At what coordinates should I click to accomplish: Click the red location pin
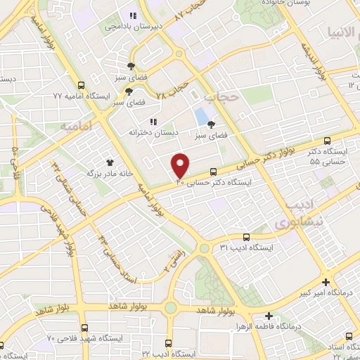(x=181, y=165)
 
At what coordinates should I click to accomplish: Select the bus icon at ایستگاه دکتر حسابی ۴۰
(x=213, y=171)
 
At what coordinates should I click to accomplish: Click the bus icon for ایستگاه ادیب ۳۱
(x=245, y=238)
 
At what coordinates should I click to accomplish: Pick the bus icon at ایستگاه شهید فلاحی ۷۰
(x=85, y=328)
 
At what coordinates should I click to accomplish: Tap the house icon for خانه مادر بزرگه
(x=109, y=162)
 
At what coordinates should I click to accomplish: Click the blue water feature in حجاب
(x=202, y=115)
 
